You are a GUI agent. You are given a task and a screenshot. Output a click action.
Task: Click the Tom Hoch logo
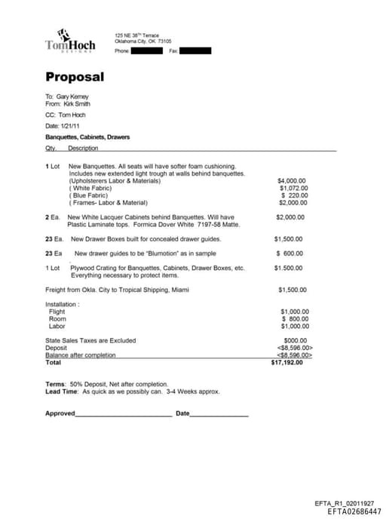click(x=69, y=41)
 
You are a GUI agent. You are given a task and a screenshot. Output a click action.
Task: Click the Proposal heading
click(x=75, y=77)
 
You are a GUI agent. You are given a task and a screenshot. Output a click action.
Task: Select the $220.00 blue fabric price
click(x=295, y=195)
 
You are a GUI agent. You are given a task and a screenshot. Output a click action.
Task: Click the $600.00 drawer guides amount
click(x=289, y=253)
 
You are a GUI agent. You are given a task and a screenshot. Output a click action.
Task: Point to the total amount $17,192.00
click(x=286, y=363)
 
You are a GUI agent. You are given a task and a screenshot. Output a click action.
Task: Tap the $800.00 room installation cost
click(x=295, y=319)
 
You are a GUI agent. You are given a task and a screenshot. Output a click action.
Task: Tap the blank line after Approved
click(x=124, y=414)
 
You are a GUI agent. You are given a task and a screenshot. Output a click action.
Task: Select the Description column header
click(x=83, y=149)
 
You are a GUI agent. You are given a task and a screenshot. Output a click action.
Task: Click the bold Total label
click(x=54, y=363)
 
